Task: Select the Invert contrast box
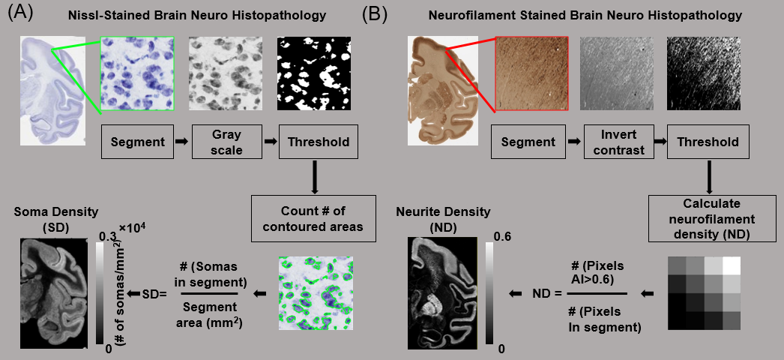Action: pos(617,142)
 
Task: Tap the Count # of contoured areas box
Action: pos(313,217)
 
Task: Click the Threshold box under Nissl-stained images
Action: pos(313,142)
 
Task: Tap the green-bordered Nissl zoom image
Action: pos(136,74)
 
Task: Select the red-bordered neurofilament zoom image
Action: pos(529,74)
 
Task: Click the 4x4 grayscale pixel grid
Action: pos(703,293)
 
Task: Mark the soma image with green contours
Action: pos(313,293)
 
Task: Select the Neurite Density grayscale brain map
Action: pos(442,292)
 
